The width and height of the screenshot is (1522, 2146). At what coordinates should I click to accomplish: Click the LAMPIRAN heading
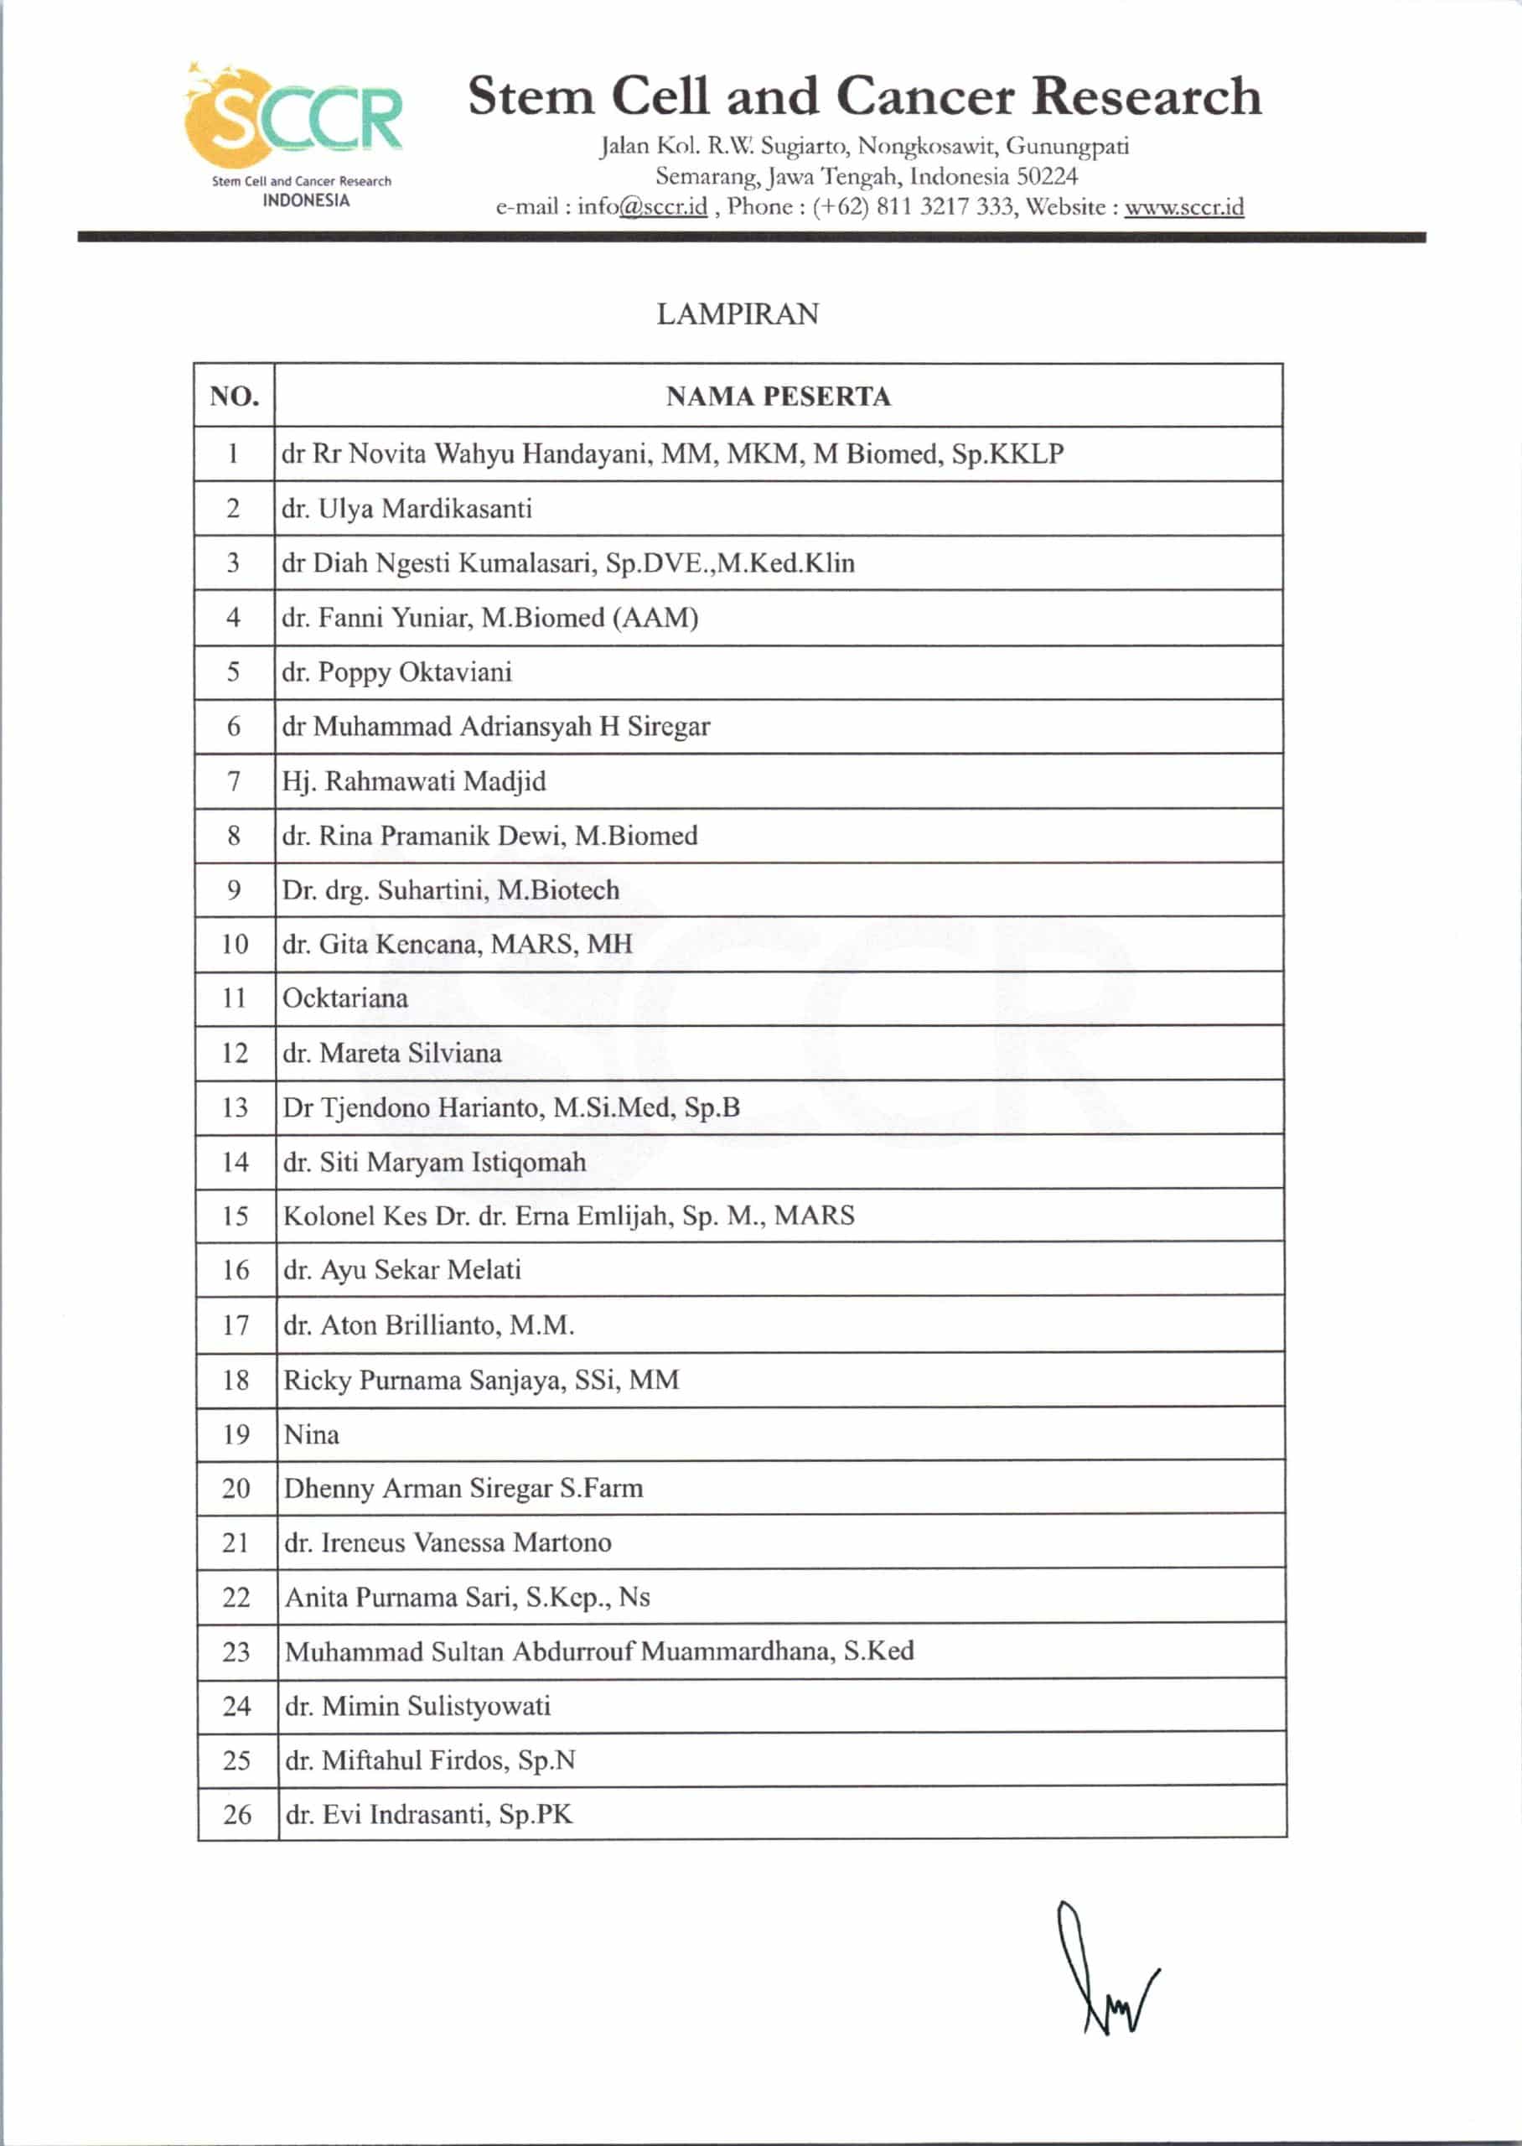pyautogui.click(x=738, y=314)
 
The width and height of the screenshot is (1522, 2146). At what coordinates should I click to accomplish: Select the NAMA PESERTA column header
pyautogui.click(x=778, y=397)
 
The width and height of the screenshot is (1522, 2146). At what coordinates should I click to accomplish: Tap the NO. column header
pyautogui.click(x=235, y=397)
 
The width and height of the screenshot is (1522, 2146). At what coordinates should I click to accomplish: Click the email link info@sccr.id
pyautogui.click(x=642, y=207)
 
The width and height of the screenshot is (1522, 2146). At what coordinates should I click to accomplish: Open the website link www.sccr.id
pyautogui.click(x=1183, y=207)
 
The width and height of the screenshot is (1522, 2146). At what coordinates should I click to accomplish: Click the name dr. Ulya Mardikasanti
pyautogui.click(x=406, y=509)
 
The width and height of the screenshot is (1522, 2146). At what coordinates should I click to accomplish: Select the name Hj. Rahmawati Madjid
pyautogui.click(x=413, y=781)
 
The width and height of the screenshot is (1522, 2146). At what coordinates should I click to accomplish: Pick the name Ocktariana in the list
pyautogui.click(x=345, y=998)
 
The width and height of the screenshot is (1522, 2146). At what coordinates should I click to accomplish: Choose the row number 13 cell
pyautogui.click(x=236, y=1107)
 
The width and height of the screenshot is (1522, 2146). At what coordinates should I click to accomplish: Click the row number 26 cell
pyautogui.click(x=237, y=1815)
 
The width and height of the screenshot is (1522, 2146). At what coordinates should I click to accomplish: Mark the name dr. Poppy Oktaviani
pyautogui.click(x=396, y=672)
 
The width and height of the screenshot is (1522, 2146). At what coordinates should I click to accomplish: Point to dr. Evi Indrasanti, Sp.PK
pyautogui.click(x=428, y=1815)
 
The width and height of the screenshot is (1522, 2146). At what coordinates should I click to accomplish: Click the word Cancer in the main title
pyautogui.click(x=925, y=96)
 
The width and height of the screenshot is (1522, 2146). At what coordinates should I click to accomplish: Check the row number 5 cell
pyautogui.click(x=233, y=672)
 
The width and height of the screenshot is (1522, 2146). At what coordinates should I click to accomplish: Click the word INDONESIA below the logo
pyautogui.click(x=306, y=200)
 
